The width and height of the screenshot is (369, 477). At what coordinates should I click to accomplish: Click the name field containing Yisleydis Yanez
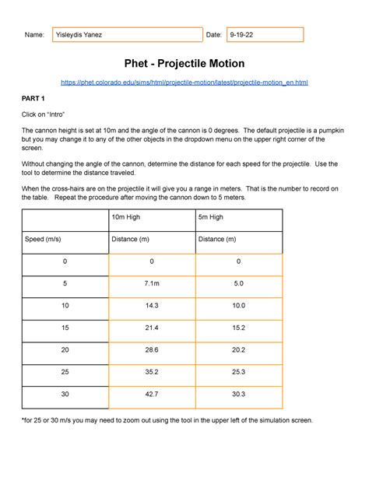pos(126,35)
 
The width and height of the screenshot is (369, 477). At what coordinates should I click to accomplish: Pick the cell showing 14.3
pos(152,306)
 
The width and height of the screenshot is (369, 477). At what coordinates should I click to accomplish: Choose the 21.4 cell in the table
pos(152,328)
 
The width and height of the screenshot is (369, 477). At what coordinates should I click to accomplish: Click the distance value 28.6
pos(152,350)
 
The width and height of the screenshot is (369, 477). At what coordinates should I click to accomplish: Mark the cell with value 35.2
pos(152,372)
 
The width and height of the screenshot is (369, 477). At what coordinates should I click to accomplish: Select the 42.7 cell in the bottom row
pos(152,395)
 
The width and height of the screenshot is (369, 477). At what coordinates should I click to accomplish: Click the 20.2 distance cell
pos(238,350)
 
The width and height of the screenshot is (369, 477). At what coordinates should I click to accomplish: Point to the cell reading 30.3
pos(238,395)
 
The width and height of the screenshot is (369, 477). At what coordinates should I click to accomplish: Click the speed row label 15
pos(65,328)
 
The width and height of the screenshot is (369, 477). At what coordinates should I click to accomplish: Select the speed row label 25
pos(65,372)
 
